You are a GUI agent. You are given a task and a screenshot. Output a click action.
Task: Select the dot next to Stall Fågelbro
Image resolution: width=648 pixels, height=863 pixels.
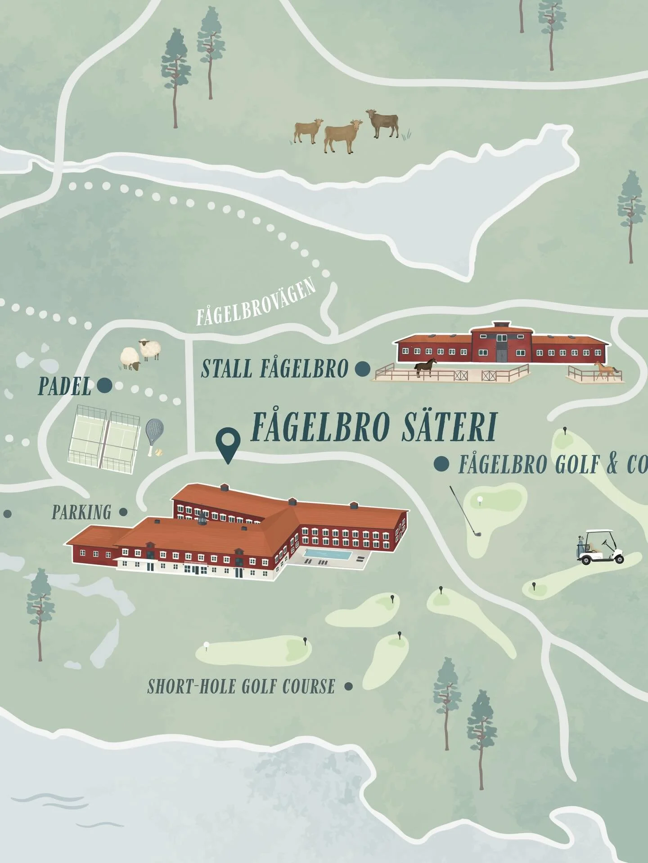pos(362,369)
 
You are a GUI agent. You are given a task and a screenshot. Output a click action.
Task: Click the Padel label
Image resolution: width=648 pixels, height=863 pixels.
pos(65,387)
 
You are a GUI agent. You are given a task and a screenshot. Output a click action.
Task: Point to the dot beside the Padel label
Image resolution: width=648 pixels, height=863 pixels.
pos(104,385)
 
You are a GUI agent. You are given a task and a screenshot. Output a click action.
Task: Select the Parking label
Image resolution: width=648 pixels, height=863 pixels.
pos(81,512)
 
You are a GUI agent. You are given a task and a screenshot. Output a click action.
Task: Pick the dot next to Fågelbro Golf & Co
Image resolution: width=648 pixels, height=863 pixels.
pos(441,464)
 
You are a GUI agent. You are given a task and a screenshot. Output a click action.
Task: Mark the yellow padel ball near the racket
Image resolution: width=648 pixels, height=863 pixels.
pos(158,454)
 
